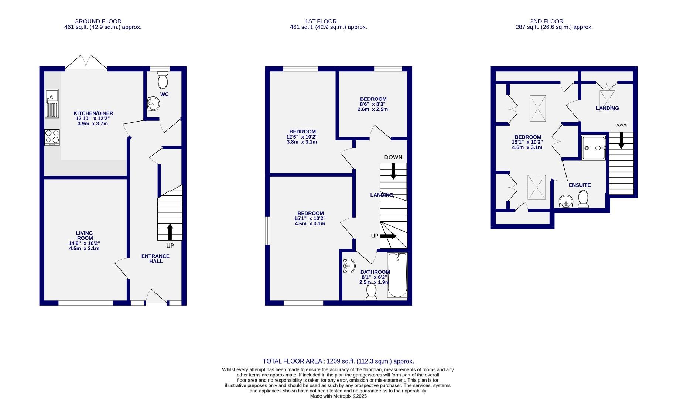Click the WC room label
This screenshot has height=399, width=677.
pos(164,94)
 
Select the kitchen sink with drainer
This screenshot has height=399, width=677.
pos(52,103)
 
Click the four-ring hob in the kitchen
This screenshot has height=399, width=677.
pos(52,137)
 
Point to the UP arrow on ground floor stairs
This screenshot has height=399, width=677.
pos(170,232)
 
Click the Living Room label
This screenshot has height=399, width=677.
pos(84,236)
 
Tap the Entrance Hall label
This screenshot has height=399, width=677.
pos(155,259)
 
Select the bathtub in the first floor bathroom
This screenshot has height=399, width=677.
pos(397,275)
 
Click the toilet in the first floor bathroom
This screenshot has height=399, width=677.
pos(372,291)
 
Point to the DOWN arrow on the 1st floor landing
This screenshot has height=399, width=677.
pos(393,171)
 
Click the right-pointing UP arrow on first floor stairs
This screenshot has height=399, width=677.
pos(388,236)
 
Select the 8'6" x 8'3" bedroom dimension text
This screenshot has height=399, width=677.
pos(373,104)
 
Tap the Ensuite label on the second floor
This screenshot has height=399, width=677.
pos(579,185)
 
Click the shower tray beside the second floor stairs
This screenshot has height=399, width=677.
pos(594,148)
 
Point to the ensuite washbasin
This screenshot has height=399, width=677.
pos(566,201)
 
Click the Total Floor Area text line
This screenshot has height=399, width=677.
pos(338,361)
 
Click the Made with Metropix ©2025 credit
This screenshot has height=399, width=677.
pos(338,396)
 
